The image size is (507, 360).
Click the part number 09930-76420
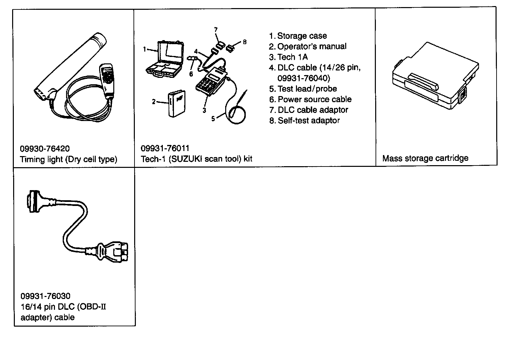45,149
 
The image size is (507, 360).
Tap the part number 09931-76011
165,148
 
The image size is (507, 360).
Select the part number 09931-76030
46,296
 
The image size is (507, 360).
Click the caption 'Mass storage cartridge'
425,158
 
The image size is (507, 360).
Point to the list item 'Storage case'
302,36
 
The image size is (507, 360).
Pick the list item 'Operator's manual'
311,47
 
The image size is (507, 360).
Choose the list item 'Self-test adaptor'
308,120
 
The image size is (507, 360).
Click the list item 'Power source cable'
314,99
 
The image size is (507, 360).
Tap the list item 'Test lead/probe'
307,89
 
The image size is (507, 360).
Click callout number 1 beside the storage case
144,49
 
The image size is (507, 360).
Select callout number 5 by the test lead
213,119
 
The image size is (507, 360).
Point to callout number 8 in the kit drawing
245,42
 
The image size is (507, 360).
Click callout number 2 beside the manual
154,101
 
